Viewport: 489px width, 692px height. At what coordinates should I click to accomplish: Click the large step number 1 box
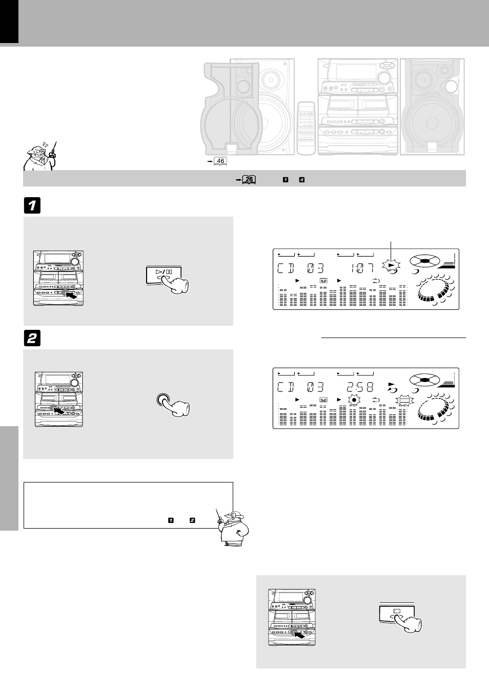point(31,206)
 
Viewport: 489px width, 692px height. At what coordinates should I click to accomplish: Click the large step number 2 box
point(31,338)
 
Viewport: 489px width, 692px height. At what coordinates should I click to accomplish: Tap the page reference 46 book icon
point(221,161)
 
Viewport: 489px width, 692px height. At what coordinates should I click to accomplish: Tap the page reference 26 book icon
point(249,179)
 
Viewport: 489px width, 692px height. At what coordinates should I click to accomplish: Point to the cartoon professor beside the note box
point(234,528)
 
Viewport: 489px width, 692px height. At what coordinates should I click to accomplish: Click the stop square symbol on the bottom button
point(396,611)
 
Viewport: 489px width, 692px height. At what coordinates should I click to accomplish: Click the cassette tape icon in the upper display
point(323,281)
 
